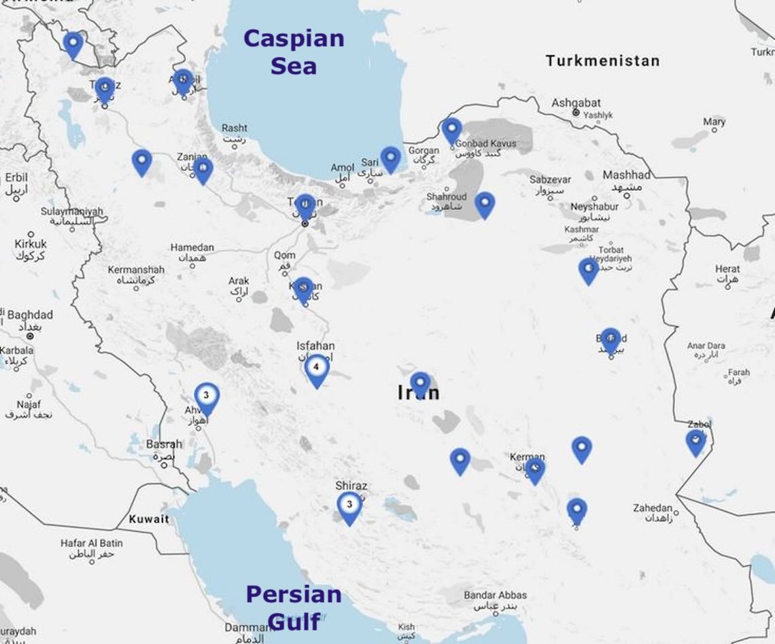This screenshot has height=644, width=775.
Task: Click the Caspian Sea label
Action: pyautogui.click(x=294, y=52)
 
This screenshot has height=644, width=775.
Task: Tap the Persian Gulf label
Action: pyautogui.click(x=294, y=607)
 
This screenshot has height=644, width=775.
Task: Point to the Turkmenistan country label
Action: pyautogui.click(x=602, y=61)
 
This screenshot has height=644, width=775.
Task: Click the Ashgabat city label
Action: pyautogui.click(x=576, y=103)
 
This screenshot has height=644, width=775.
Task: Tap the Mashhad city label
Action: pyautogui.click(x=626, y=175)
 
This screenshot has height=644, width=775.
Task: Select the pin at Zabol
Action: pyautogui.click(x=695, y=442)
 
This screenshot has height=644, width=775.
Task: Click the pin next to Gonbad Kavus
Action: pyautogui.click(x=451, y=130)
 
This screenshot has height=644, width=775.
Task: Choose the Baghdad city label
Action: pyautogui.click(x=30, y=315)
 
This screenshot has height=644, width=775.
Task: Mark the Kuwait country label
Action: pyautogui.click(x=149, y=519)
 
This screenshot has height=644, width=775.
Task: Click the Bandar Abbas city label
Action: pyautogui.click(x=495, y=596)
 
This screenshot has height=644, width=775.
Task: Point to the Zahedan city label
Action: pyautogui.click(x=653, y=508)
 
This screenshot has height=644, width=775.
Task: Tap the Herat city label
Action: pyautogui.click(x=727, y=269)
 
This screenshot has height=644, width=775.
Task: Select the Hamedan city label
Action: pyautogui.click(x=192, y=248)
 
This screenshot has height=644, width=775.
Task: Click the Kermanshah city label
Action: pyautogui.click(x=136, y=270)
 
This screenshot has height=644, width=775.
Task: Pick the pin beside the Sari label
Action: pyautogui.click(x=390, y=158)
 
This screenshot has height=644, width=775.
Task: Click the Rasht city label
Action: pyautogui.click(x=235, y=128)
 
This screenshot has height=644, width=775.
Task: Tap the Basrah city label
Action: pyautogui.click(x=164, y=444)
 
